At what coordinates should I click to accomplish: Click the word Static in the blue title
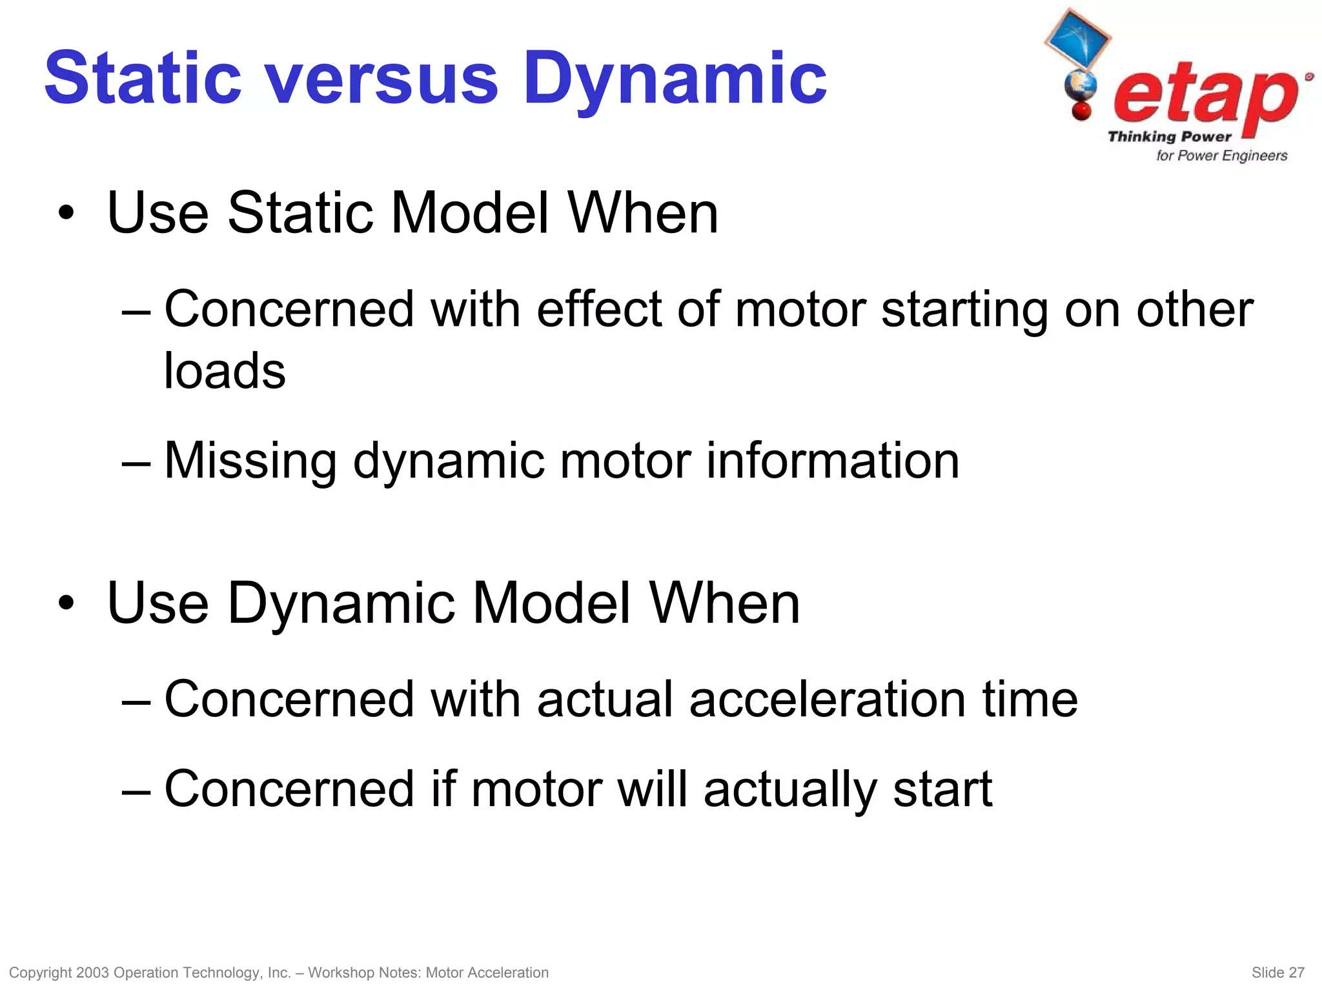(143, 79)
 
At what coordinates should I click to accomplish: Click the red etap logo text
(1204, 97)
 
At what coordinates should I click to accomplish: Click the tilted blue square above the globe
(1077, 38)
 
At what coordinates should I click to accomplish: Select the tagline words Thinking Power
(1169, 136)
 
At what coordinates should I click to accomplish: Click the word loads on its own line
(224, 370)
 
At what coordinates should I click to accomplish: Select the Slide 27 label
(1277, 973)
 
